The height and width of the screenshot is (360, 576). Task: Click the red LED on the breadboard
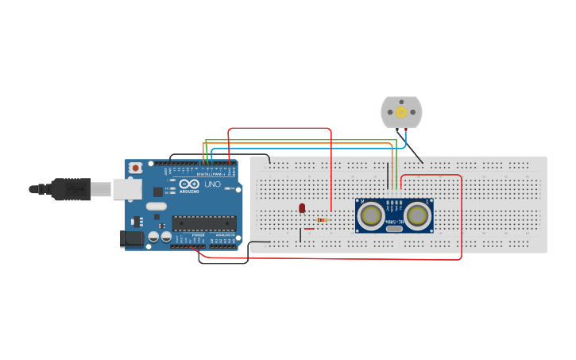tap(302, 208)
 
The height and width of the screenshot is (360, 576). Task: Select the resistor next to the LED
tap(322, 220)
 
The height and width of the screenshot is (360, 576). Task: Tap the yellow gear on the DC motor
tap(401, 112)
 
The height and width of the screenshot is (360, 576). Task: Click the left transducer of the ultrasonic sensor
tap(370, 215)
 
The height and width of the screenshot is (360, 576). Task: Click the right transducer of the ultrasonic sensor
tap(418, 215)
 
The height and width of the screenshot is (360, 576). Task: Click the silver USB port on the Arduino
tap(126, 188)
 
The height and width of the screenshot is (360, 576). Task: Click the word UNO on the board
tap(212, 184)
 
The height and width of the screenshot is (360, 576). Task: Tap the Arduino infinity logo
tap(188, 184)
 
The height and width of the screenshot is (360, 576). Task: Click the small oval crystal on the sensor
tap(394, 228)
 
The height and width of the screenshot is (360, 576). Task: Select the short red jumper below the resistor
tap(310, 229)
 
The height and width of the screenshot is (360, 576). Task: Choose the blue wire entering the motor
tap(405, 139)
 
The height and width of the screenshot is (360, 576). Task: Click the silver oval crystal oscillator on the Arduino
tap(157, 207)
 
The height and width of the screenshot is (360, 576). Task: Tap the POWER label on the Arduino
tap(198, 235)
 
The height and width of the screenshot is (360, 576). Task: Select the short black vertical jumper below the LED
tap(300, 234)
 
